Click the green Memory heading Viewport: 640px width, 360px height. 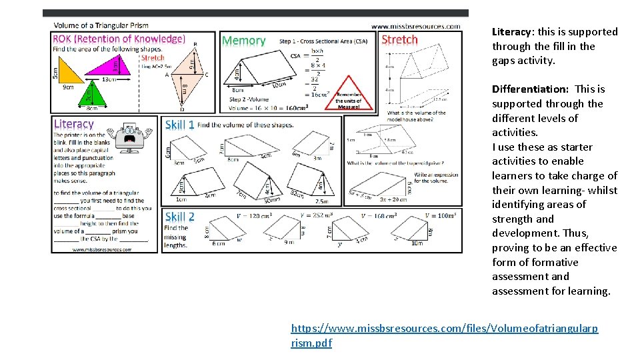click(x=243, y=41)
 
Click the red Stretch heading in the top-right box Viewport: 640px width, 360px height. click(x=399, y=39)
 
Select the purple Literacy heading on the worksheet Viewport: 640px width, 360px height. click(x=73, y=124)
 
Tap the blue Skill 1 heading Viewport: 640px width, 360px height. click(x=179, y=125)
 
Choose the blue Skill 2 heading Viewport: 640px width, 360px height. click(x=179, y=217)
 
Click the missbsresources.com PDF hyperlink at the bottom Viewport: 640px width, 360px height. click(x=444, y=335)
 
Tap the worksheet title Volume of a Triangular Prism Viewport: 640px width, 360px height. click(x=101, y=26)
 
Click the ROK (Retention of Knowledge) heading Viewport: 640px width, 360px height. click(x=119, y=39)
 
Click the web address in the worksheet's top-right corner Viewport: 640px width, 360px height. click(x=415, y=26)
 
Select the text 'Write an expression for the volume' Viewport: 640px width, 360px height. click(x=436, y=177)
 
